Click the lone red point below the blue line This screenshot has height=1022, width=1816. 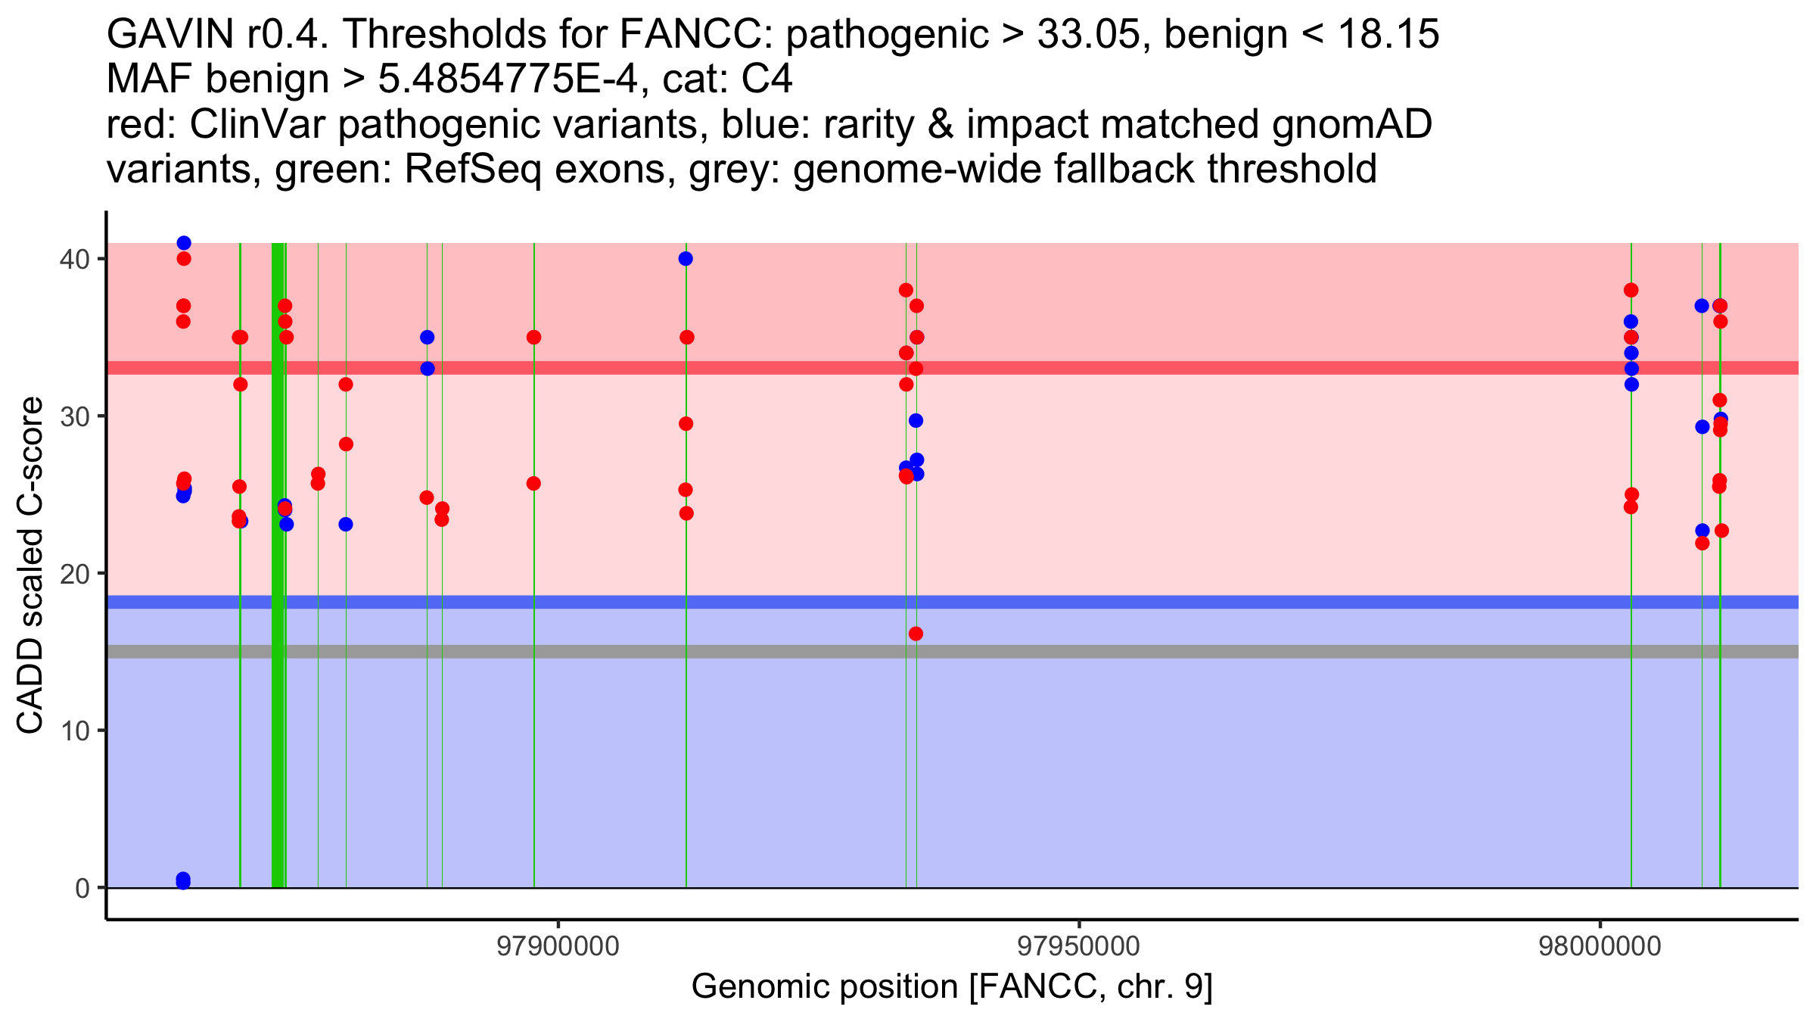[x=916, y=634]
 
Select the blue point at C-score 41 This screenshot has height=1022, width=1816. [x=184, y=243]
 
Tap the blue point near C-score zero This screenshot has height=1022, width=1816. [x=183, y=880]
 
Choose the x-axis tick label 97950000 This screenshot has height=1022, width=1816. [x=1078, y=946]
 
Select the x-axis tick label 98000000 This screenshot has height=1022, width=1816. [x=1600, y=946]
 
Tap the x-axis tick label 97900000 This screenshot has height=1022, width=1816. [x=558, y=946]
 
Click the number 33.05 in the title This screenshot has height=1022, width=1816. [x=1087, y=35]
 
